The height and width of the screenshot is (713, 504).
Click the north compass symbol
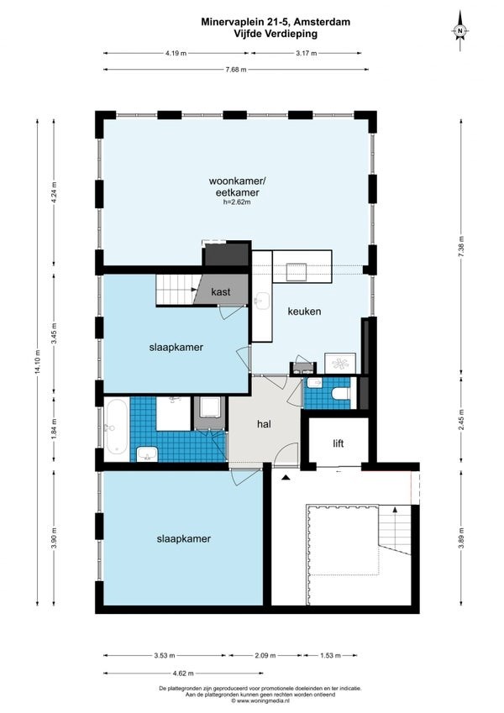[x=459, y=31]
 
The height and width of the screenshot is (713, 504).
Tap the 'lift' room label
[x=338, y=443]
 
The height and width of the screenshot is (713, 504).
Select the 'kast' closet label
[x=221, y=292]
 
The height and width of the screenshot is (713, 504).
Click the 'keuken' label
[x=304, y=312]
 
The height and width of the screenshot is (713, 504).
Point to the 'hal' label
[x=265, y=424]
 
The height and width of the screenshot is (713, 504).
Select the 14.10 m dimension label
[x=37, y=363]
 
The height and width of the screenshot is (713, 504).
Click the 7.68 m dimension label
[x=236, y=70]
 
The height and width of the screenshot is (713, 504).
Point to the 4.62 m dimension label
[x=183, y=673]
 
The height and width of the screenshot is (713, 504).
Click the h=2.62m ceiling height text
[x=237, y=202]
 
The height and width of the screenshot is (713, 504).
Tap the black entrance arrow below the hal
[x=286, y=477]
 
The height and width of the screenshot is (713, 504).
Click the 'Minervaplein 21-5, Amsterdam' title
[x=276, y=22]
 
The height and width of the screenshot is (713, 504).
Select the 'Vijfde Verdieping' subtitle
[x=276, y=34]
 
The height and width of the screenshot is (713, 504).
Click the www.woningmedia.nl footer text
[x=260, y=701]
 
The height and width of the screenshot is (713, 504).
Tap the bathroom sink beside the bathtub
[x=147, y=453]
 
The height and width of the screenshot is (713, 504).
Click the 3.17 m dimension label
[x=306, y=53]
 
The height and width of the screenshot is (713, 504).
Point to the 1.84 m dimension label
[x=54, y=428]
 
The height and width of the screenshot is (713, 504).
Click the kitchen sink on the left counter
[x=262, y=301]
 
